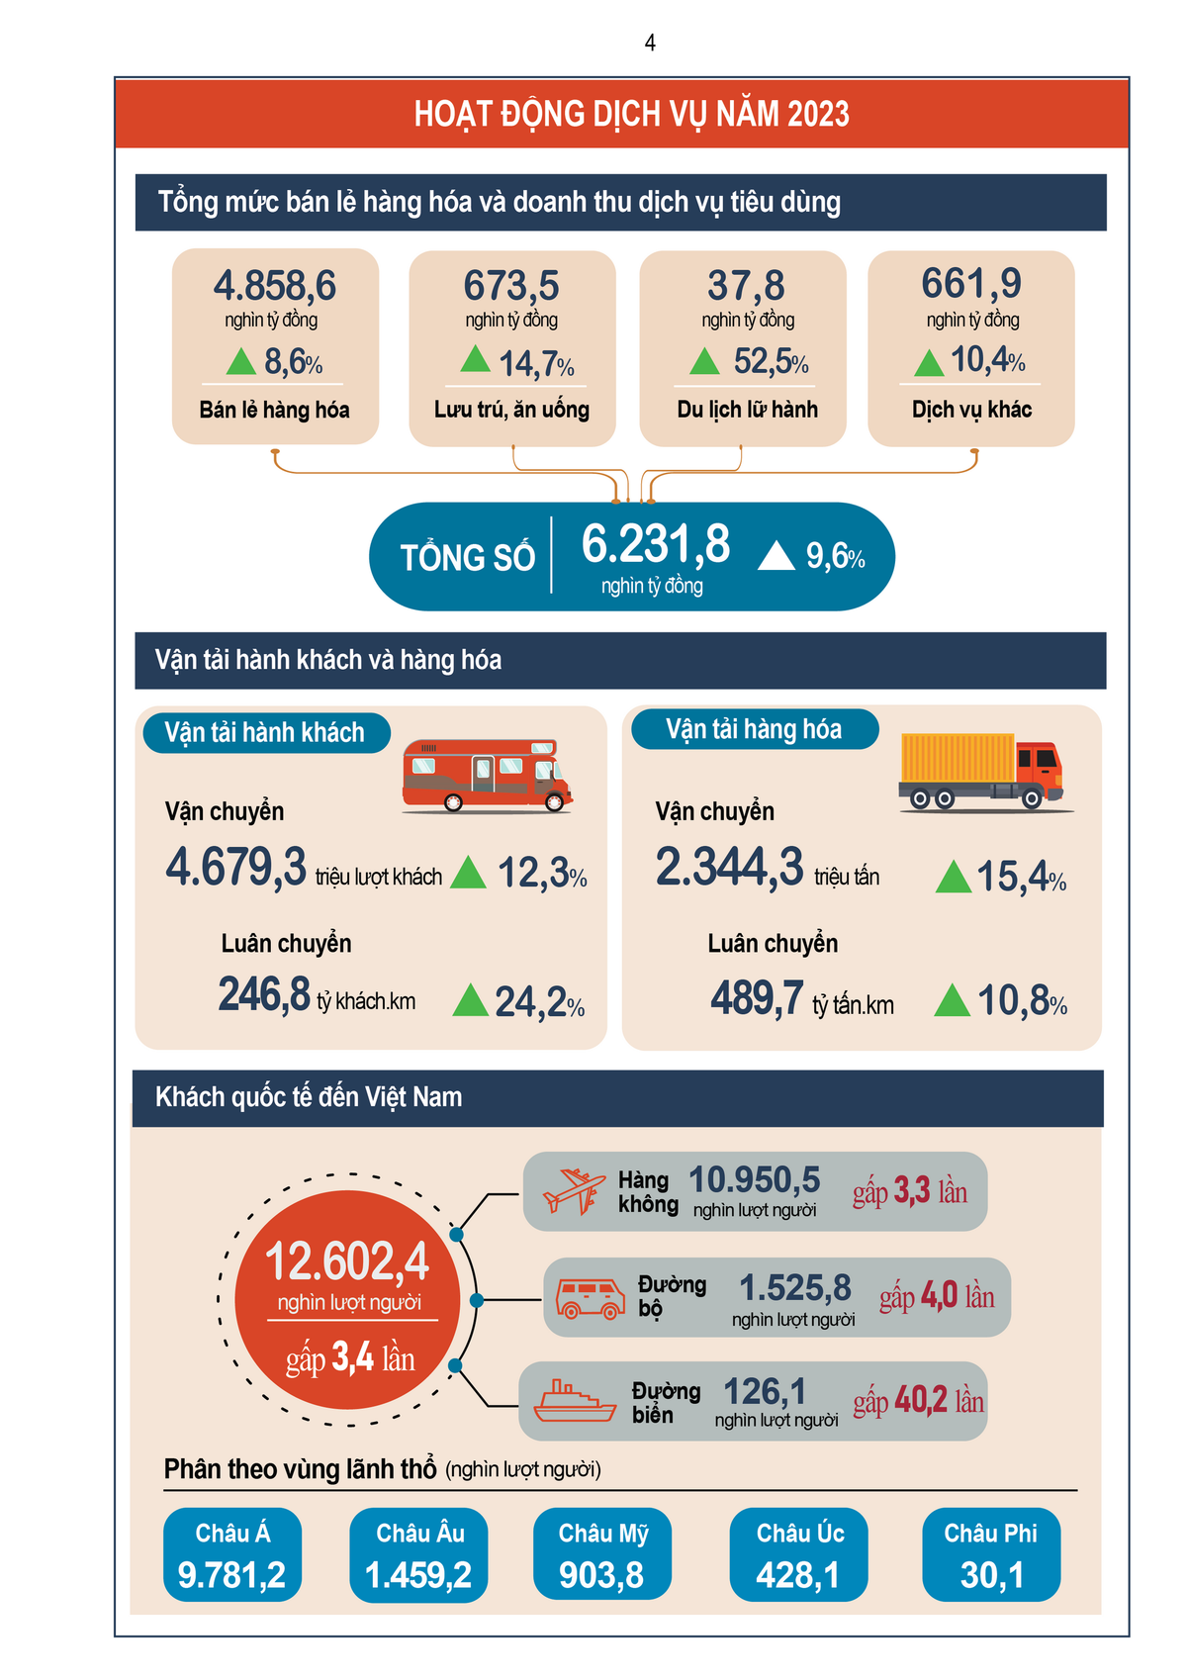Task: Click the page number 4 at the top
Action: [x=650, y=43]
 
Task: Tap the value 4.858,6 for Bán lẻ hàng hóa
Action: [x=275, y=286]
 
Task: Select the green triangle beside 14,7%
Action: [x=476, y=359]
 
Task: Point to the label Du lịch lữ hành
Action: [x=747, y=410]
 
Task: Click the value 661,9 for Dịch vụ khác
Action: [x=971, y=284]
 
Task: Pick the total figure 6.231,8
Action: [x=656, y=544]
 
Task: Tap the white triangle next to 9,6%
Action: [x=776, y=556]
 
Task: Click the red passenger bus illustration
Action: [x=487, y=776]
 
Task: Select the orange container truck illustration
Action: [x=981, y=771]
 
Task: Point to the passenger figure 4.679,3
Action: [x=236, y=868]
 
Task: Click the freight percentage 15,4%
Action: [x=1021, y=877]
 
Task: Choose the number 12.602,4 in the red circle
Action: [x=347, y=1262]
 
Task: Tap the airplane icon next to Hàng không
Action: [x=574, y=1190]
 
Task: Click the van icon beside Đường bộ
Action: [x=590, y=1298]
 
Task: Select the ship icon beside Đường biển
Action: [x=575, y=1402]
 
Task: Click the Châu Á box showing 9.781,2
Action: [x=232, y=1554]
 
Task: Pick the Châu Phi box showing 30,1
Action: [x=991, y=1554]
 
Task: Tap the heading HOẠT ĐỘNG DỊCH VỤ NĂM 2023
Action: [x=631, y=114]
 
